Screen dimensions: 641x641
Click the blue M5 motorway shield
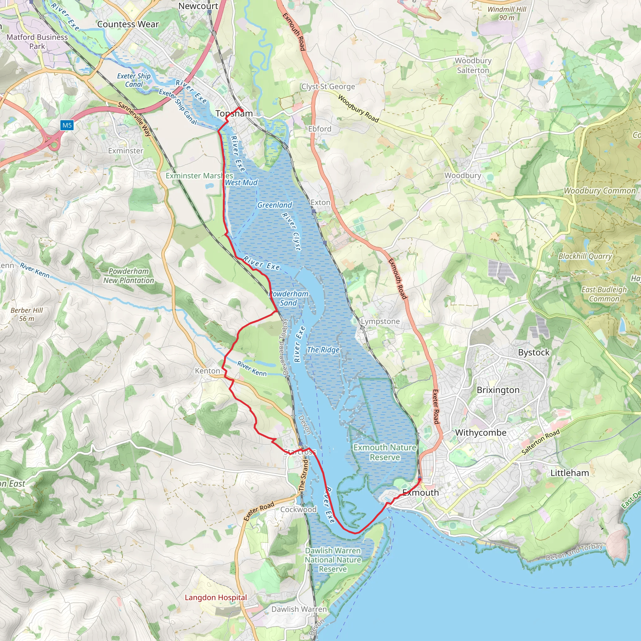pos(67,126)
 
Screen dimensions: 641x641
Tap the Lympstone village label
pos(380,321)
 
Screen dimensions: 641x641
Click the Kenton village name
pos(208,371)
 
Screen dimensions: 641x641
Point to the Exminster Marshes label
pos(199,176)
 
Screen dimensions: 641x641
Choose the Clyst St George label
pos(328,87)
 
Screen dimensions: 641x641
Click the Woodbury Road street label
pos(358,109)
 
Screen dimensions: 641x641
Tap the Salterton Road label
pos(541,442)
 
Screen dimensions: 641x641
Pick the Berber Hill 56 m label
pos(27,314)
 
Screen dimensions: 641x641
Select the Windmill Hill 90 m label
pos(507,13)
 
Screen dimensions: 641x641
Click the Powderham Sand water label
pos(288,298)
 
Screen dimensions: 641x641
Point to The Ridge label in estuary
pos(323,350)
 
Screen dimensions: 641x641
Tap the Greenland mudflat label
pos(274,205)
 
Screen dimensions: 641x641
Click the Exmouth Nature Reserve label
pos(385,452)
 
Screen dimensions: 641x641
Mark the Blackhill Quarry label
pos(585,256)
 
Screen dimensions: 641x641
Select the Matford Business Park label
pos(37,42)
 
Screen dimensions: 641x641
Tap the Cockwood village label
pos(298,509)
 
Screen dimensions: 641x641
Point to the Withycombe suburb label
pos(480,432)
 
